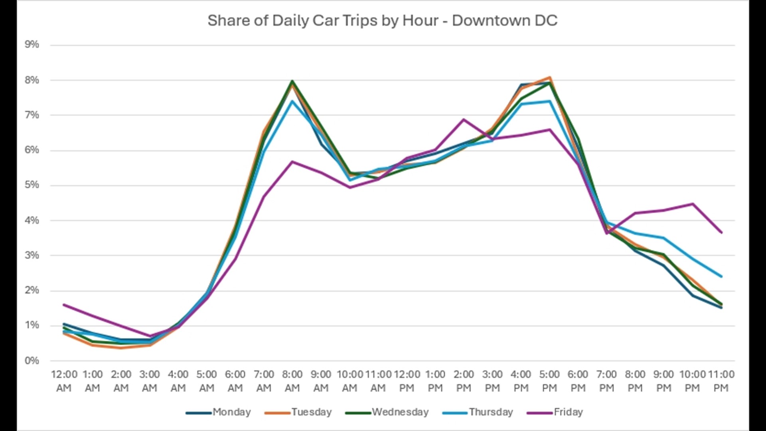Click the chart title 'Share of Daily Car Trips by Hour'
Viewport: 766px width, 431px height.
pos(382,21)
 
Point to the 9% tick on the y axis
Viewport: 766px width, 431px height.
pos(32,44)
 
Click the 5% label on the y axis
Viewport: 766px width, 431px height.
pos(32,185)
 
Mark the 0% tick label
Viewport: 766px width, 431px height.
pos(32,360)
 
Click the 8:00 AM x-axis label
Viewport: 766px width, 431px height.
pos(292,381)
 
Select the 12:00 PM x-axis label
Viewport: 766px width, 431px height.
pos(407,381)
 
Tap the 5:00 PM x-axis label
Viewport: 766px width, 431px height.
pos(549,381)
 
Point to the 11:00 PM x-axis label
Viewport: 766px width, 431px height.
pos(721,381)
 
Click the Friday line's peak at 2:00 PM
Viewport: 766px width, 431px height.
pos(464,119)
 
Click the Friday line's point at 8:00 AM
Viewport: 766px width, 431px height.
pos(292,162)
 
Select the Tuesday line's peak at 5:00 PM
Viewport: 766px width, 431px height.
pos(550,77)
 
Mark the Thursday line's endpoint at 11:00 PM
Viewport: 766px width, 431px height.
pos(721,276)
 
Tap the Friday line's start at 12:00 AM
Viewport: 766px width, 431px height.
pos(64,305)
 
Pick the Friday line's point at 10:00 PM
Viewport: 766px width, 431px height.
pos(693,204)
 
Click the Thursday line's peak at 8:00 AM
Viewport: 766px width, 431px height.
pos(292,101)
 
